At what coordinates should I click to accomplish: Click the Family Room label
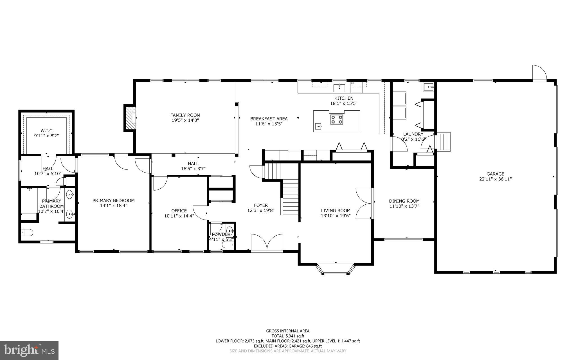(x=185, y=115)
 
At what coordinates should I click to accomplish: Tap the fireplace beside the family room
(x=130, y=117)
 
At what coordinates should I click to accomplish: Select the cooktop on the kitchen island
(x=337, y=119)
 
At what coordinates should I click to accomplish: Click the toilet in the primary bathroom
(x=27, y=232)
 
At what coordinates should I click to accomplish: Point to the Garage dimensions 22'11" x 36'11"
(x=495, y=179)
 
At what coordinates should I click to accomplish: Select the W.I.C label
(x=46, y=131)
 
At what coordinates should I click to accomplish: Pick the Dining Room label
(x=404, y=201)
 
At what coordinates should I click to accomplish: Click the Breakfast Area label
(x=269, y=119)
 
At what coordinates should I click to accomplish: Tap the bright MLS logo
(x=29, y=350)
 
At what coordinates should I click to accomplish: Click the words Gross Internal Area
(x=288, y=331)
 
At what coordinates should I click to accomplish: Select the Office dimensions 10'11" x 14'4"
(x=179, y=216)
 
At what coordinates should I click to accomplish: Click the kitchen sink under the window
(x=339, y=88)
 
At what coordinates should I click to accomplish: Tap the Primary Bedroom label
(x=114, y=200)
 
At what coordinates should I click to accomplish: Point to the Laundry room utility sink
(x=428, y=88)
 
